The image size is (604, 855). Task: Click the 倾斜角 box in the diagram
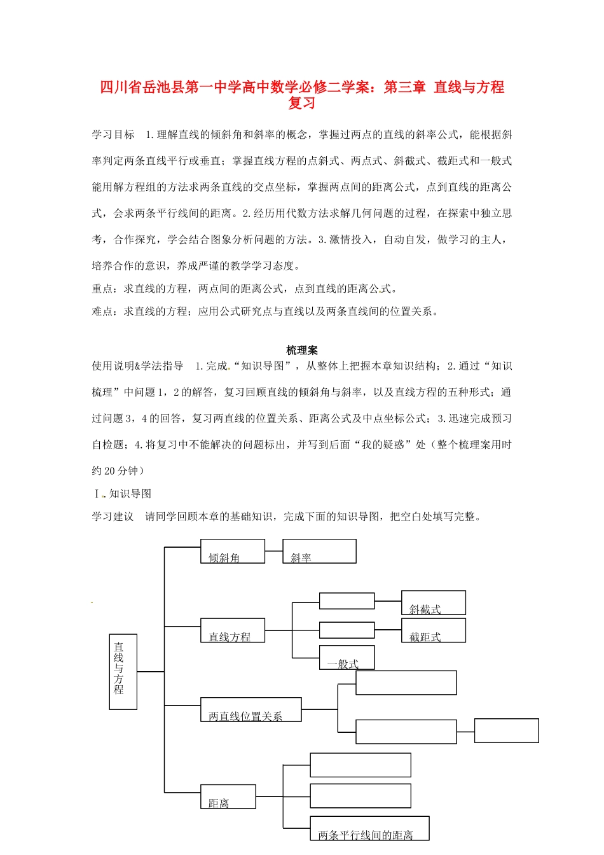coord(232,551)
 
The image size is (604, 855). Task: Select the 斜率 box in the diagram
coord(319,551)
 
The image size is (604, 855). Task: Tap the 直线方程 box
coord(232,630)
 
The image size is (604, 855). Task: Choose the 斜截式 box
coord(433,602)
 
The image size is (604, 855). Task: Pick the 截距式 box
coord(433,630)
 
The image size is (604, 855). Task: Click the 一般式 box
coord(347,657)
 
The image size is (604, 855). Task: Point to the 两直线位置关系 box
coord(251,709)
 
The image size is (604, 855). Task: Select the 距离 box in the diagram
coord(228,796)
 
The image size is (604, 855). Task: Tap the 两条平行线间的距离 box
coord(369,828)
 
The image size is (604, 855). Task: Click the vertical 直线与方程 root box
coord(123,671)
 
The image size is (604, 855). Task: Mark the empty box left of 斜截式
coord(347,601)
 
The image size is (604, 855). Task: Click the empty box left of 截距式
coord(347,630)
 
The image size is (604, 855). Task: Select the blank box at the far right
coord(506,730)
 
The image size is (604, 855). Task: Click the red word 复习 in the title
coord(301,103)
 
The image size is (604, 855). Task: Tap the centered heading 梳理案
coord(301,350)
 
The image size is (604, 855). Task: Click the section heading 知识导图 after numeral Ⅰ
coord(130,494)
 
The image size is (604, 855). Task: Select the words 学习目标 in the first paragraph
coord(113,135)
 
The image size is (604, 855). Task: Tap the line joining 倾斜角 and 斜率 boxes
coord(273,551)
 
